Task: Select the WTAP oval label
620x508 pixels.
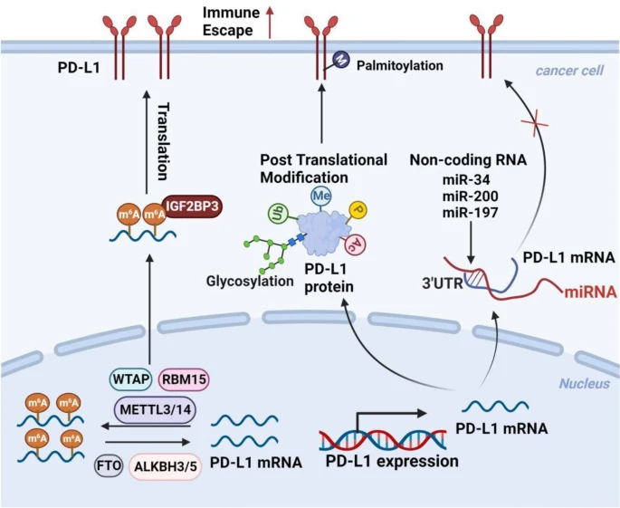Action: [x=129, y=378]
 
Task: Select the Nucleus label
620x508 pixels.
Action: [x=583, y=384]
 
